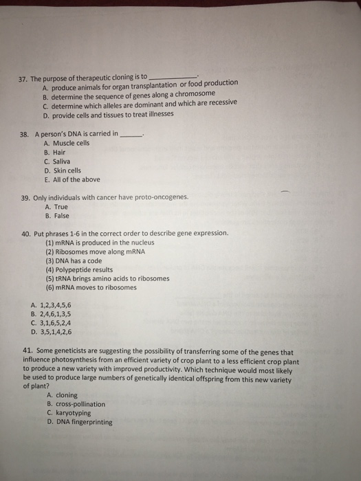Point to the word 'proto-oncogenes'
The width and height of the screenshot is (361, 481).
[161, 197]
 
